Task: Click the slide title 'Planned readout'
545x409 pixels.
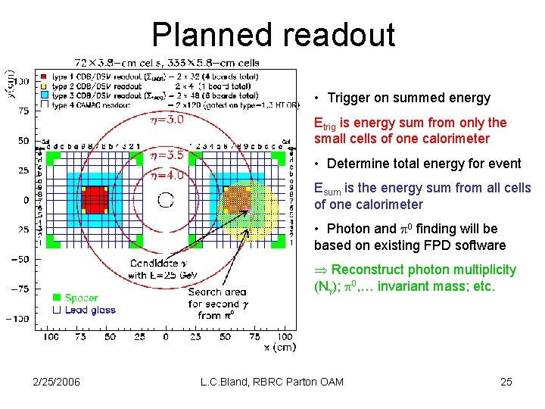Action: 272,35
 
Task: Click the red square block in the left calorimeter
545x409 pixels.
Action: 95,199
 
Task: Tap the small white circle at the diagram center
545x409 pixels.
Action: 166,200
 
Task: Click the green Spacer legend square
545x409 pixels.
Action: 56,298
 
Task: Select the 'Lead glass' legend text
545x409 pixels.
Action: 90,310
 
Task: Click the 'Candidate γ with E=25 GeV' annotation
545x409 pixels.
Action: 157,270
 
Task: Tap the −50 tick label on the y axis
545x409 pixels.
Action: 19,259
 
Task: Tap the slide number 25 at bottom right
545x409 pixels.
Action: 506,382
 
